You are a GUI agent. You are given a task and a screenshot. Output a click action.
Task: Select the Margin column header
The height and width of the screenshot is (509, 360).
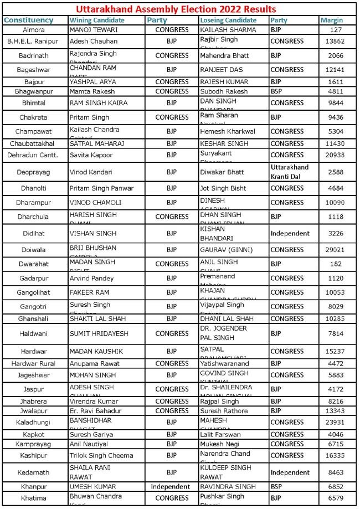[332, 20]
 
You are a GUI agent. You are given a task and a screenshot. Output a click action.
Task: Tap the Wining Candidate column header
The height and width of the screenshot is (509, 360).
[97, 20]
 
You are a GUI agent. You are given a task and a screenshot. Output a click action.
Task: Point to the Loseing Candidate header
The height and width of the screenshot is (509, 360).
[228, 20]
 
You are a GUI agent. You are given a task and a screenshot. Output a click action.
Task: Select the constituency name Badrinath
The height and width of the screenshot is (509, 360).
[34, 55]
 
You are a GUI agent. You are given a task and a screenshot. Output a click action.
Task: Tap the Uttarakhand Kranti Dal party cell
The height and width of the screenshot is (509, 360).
[289, 172]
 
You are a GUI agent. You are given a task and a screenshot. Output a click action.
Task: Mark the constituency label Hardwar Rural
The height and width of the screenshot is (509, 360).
[34, 363]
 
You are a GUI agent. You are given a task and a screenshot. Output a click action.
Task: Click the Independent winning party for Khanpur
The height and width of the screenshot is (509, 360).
[171, 486]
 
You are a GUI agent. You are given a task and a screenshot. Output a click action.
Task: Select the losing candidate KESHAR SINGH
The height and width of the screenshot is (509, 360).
[224, 143]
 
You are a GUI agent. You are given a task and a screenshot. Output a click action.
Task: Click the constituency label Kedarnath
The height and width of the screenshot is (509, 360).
[34, 472]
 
